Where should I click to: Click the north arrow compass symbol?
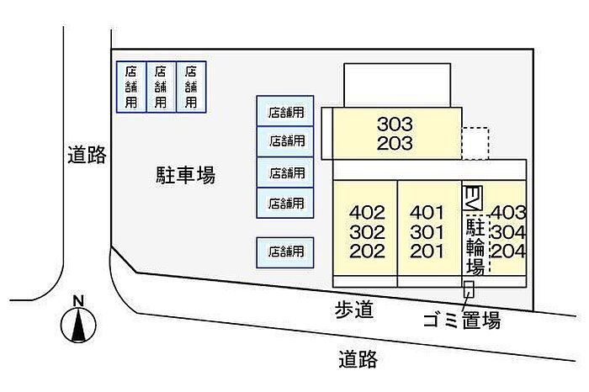pos(78,324)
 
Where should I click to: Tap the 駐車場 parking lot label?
pos(186,175)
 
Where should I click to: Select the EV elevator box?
pos(472,199)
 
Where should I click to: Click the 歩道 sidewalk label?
pos(354,310)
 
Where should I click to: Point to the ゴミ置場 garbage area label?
pos(462,320)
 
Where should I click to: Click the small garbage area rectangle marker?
pos(469,289)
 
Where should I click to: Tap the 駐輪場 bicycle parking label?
pos(475,246)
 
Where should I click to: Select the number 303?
pos(395,124)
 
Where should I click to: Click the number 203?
pos(395,144)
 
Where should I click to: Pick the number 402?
pos(367,213)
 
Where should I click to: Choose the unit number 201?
pos(427,252)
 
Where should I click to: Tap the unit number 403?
pos(508,213)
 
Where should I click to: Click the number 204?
pos(508,251)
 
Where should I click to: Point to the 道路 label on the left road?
pos(87,154)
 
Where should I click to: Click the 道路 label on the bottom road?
pos(358,359)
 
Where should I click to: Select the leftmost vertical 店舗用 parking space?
pos(131,87)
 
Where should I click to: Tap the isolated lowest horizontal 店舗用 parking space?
pos(285,252)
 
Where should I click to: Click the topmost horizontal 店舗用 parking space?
pos(285,111)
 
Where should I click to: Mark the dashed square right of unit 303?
pos(475,144)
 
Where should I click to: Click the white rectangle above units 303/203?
pos(397,85)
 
